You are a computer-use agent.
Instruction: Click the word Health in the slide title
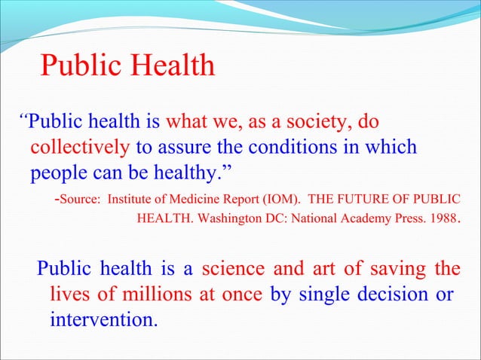tap(170, 67)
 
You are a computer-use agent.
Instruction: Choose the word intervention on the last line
tap(103, 319)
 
